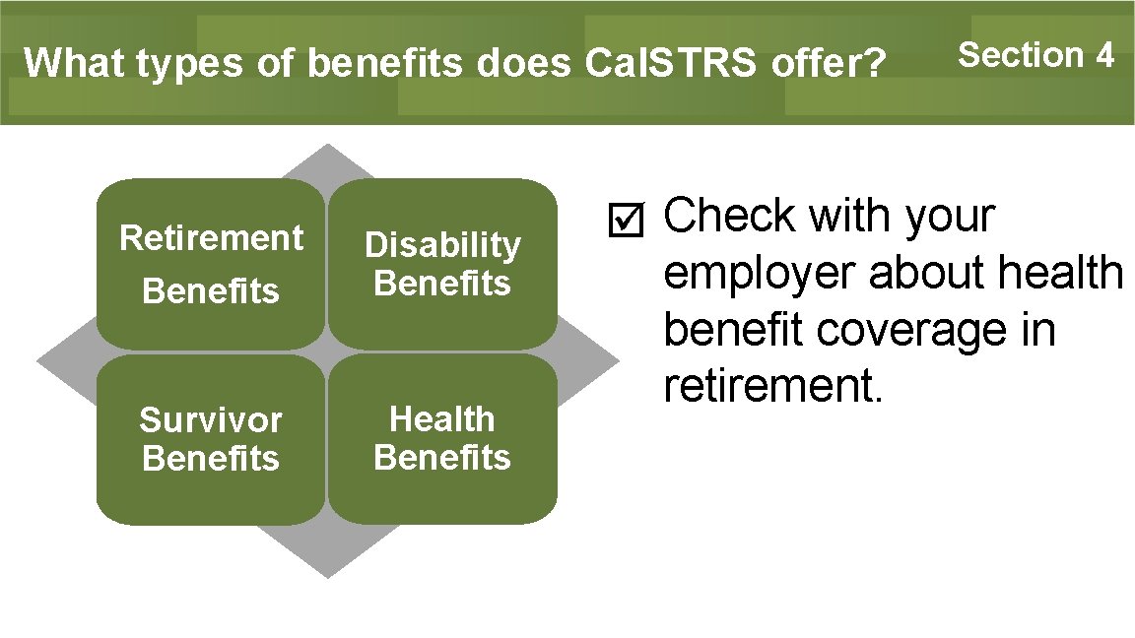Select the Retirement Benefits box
[x=211, y=264]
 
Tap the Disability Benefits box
[x=442, y=264]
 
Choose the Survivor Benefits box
[x=211, y=439]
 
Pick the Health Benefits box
[x=442, y=439]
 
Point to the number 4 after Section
[x=1103, y=55]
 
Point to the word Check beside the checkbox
[x=728, y=217]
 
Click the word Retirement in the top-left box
[x=211, y=238]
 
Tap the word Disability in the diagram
[x=442, y=244]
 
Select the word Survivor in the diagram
[x=211, y=420]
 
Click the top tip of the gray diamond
[x=327, y=147]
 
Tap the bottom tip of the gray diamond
[x=327, y=575]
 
